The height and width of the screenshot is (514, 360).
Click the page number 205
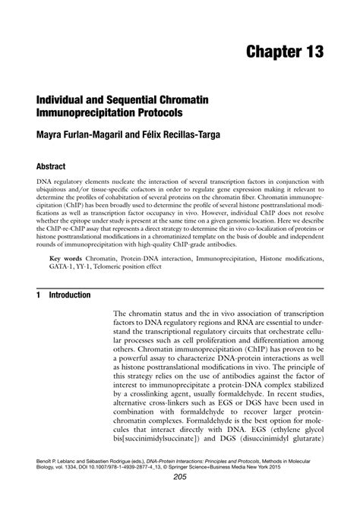coord(180,499)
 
